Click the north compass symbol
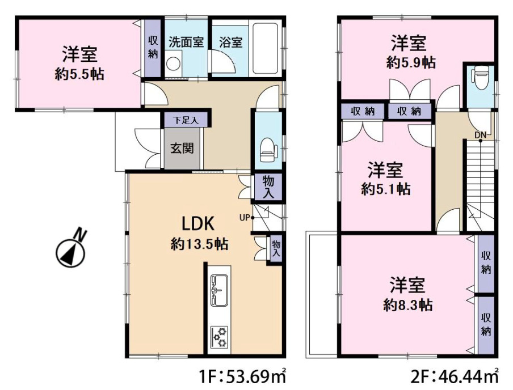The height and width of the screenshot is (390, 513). click(x=70, y=250)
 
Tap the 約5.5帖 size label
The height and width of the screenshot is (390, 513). click(x=79, y=74)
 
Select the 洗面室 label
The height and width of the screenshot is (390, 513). click(x=186, y=43)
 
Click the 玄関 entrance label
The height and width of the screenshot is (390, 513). click(x=182, y=149)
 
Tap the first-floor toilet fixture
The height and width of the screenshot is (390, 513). click(x=267, y=149)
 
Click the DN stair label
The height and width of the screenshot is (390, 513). click(x=480, y=135)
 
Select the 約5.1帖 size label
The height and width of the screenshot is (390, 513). click(x=386, y=189)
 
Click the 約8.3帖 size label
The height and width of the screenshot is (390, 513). click(x=408, y=305)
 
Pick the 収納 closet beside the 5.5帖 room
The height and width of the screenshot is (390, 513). click(x=153, y=48)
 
